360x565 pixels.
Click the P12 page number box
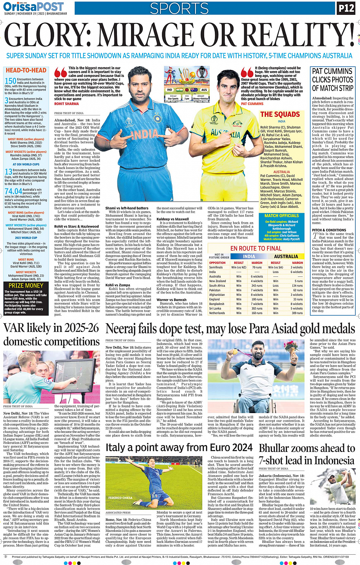346,8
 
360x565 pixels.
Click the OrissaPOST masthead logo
34,6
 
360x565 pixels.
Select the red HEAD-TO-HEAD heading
26,70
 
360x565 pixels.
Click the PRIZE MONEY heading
26,285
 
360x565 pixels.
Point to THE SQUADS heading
280,114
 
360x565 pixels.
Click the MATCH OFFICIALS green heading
282,215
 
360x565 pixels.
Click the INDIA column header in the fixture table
249,257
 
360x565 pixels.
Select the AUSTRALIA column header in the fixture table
286,257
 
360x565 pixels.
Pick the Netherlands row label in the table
217,313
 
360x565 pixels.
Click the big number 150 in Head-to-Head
10,81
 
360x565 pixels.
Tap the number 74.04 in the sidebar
13,191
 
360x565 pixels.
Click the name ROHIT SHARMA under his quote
67,104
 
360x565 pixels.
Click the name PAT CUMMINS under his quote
252,104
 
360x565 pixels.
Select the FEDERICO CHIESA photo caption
120,498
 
